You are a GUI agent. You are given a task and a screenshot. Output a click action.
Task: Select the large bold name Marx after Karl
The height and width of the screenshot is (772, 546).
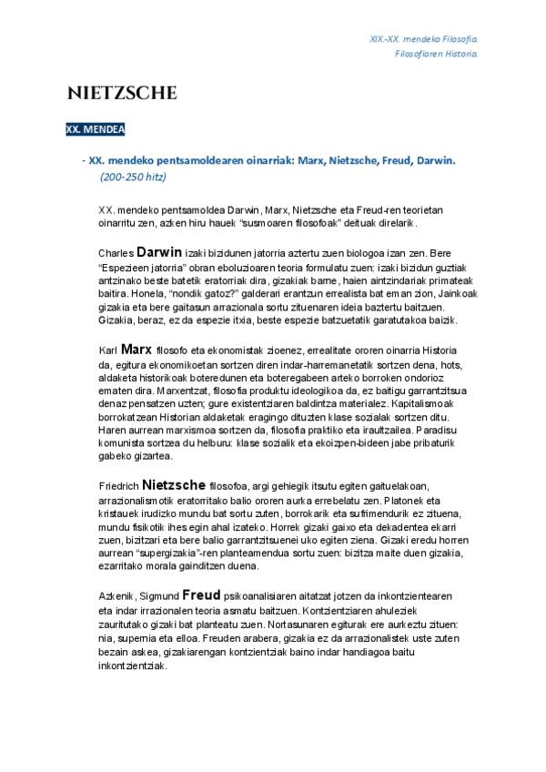click(x=136, y=348)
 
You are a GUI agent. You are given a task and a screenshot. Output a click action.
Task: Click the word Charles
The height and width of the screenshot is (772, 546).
click(x=116, y=252)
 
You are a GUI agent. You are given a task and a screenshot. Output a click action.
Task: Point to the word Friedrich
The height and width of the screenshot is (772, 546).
click(x=118, y=486)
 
